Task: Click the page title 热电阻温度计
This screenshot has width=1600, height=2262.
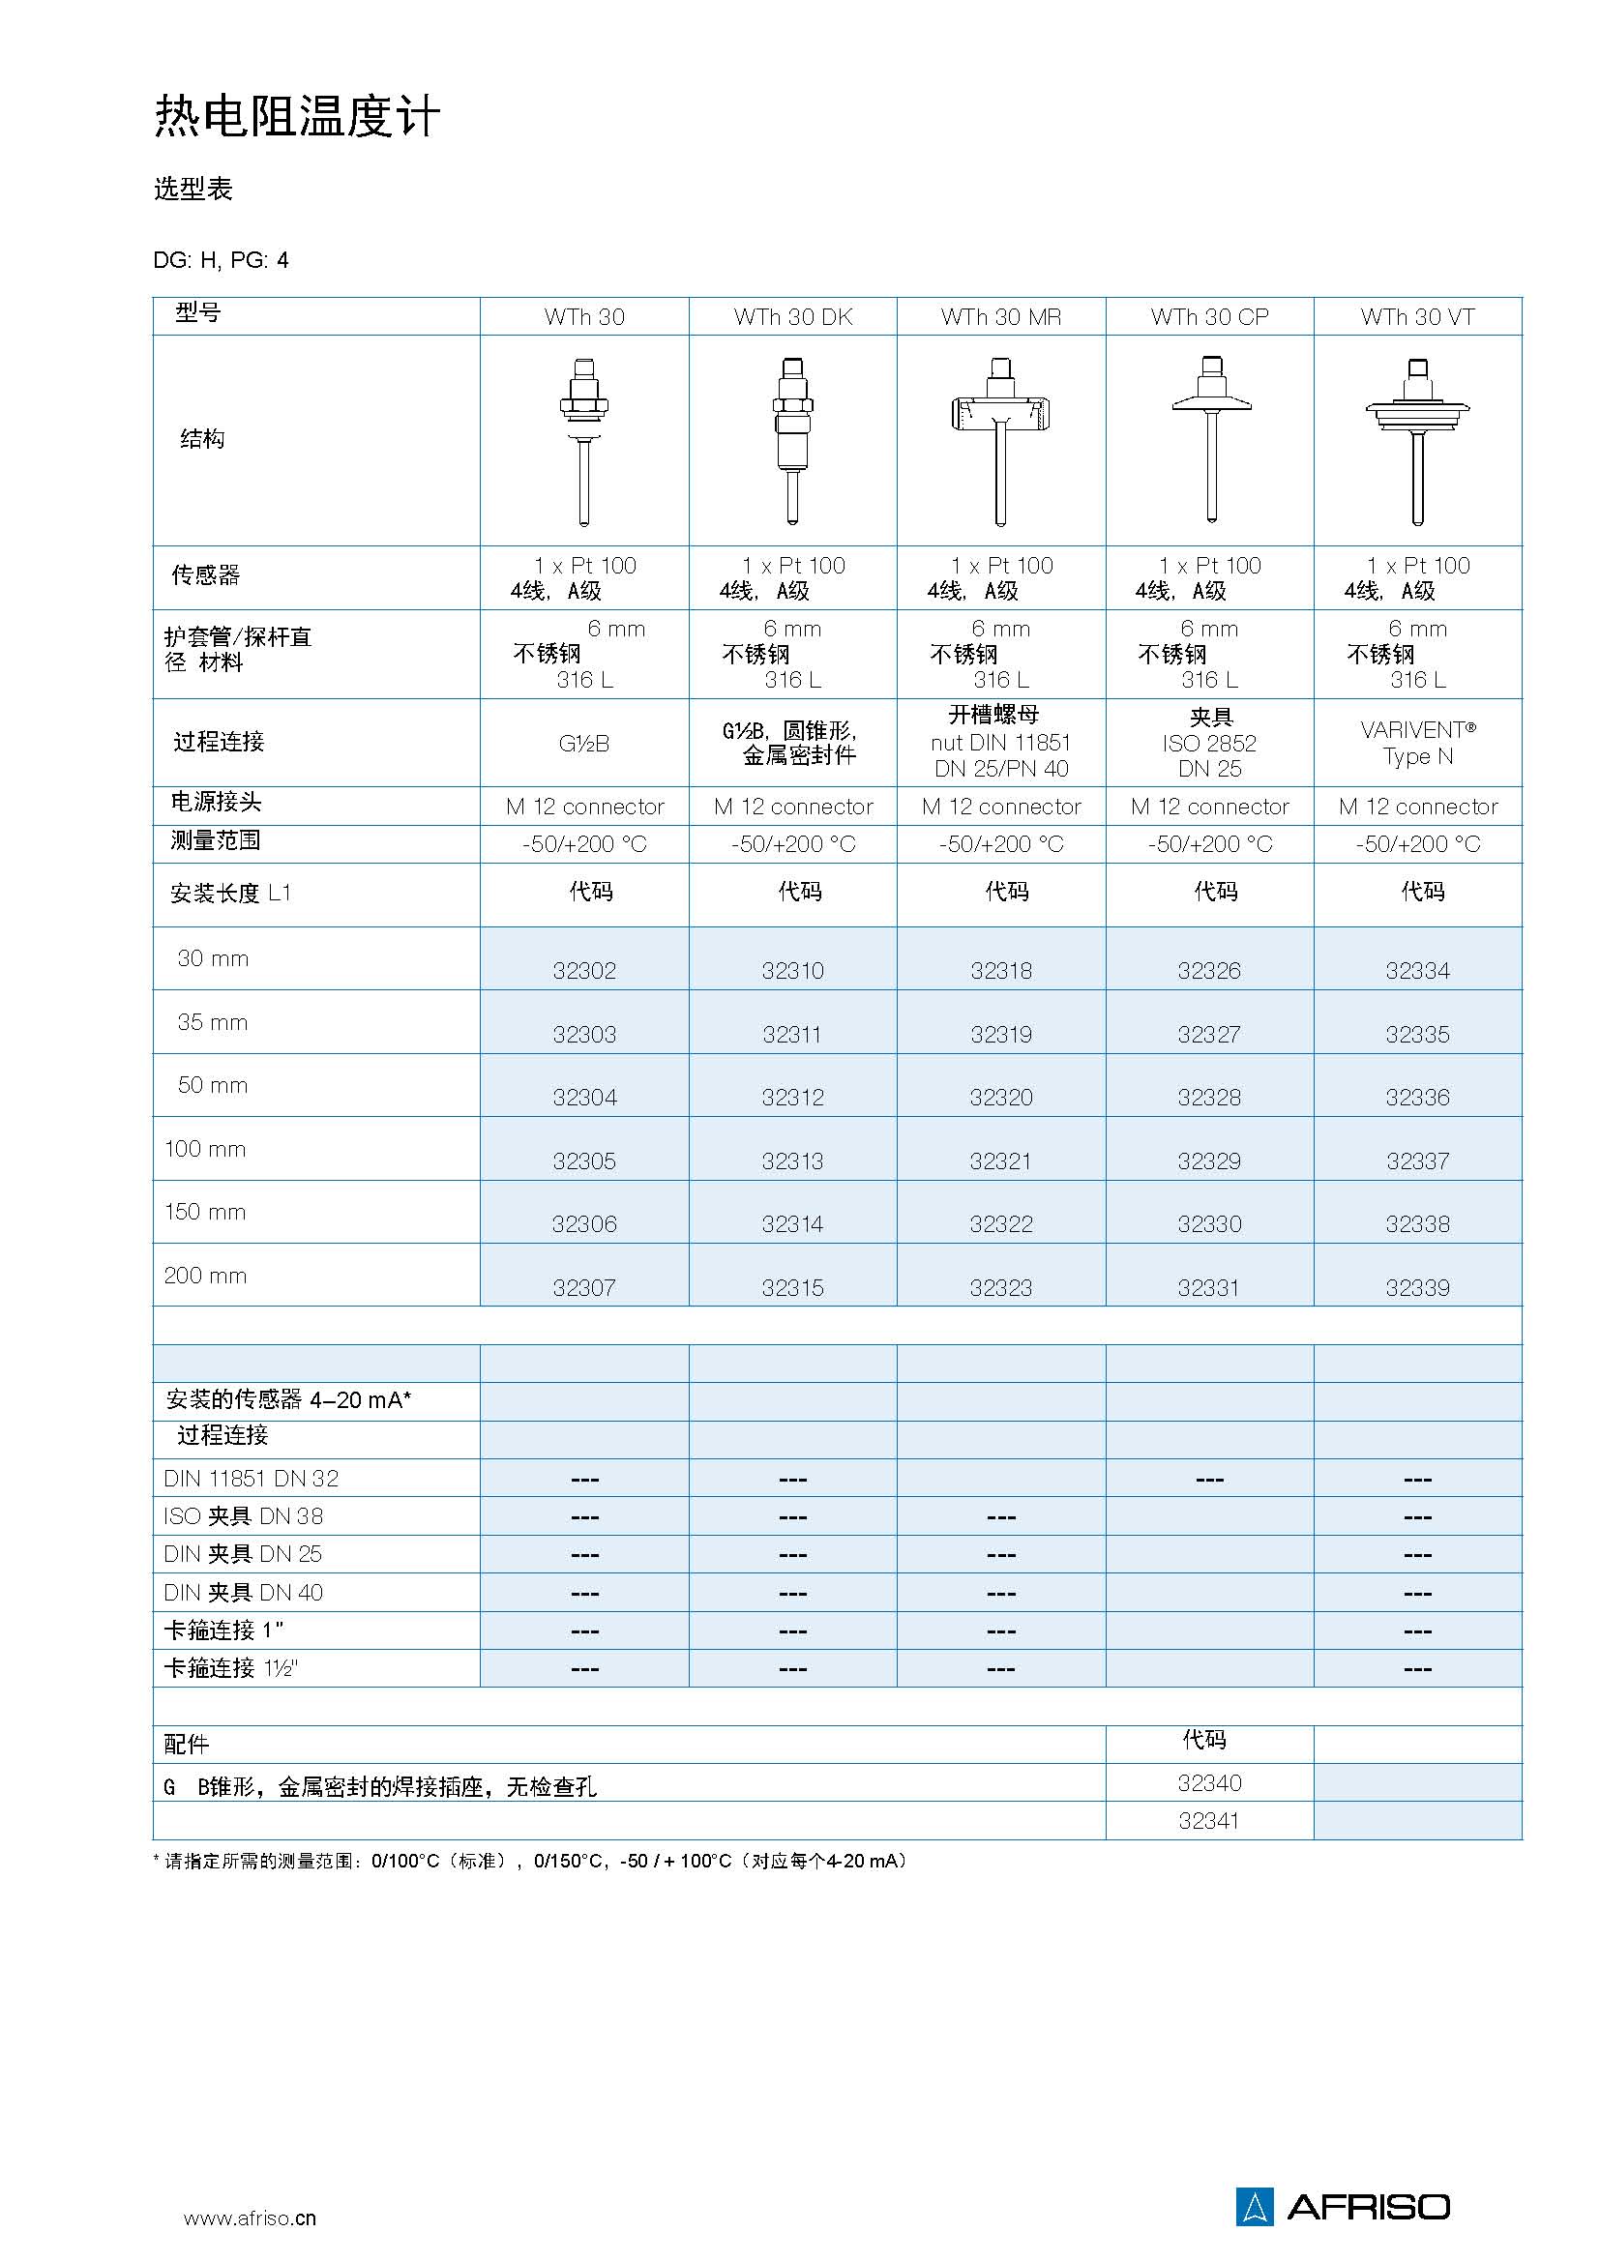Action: click(297, 117)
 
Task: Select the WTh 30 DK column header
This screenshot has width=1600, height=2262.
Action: click(792, 317)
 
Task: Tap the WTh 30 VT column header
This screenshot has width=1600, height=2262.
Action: click(1417, 317)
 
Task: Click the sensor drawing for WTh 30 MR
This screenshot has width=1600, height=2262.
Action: click(1000, 439)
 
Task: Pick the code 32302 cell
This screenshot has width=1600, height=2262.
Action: click(584, 970)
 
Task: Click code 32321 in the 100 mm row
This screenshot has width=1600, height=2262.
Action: click(1000, 1161)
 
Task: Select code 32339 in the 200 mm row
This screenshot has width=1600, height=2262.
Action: click(1417, 1287)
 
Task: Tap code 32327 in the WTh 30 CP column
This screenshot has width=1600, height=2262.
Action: click(1209, 1035)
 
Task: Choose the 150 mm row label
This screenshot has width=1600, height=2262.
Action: click(205, 1212)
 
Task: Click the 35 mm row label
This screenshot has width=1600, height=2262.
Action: click(213, 1022)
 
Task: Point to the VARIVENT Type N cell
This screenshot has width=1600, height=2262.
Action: click(1417, 743)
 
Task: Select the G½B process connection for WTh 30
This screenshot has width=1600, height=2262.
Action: click(584, 744)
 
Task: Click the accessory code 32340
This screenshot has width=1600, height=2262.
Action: click(1209, 1783)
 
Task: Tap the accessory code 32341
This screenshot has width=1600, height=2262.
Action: click(1209, 1822)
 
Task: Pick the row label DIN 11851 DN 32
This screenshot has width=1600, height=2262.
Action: click(252, 1479)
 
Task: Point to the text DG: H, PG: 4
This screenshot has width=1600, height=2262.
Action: click(221, 260)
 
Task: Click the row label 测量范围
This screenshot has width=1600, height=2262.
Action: click(216, 840)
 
